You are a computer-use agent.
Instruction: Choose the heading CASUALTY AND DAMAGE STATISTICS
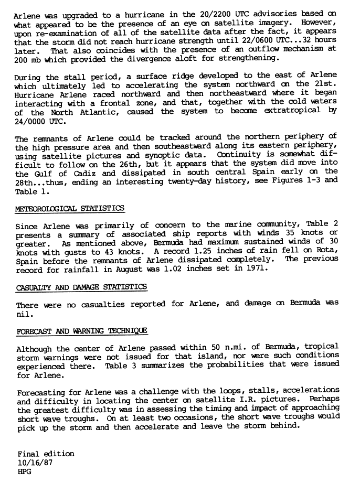(x=81, y=287)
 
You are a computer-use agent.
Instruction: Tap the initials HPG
(x=24, y=471)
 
